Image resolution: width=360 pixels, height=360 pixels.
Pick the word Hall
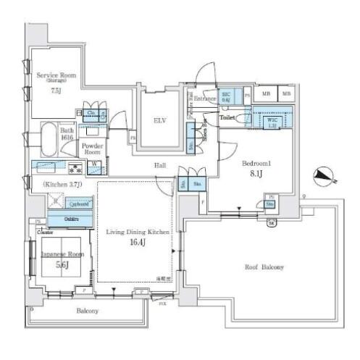[x=161, y=166]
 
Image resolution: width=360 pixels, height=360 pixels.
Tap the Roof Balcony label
[x=263, y=268]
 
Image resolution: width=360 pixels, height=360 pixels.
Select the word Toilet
[x=228, y=116]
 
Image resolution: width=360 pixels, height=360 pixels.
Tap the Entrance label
[x=206, y=98]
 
